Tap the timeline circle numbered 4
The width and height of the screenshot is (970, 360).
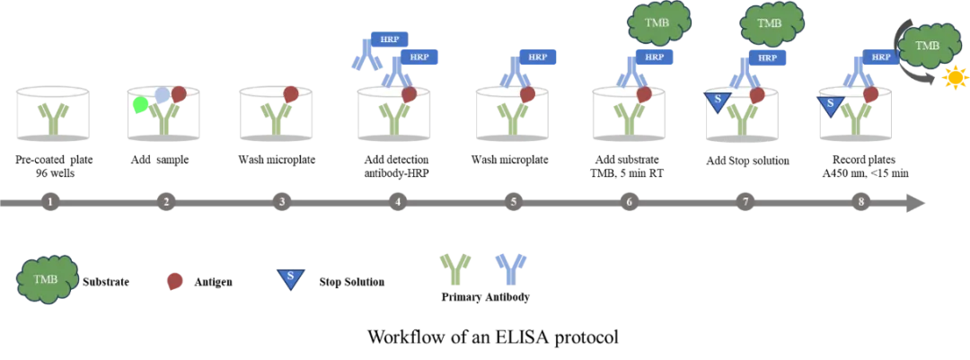(x=397, y=201)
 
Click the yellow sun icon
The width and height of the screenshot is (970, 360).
(x=953, y=79)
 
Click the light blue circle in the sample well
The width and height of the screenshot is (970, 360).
(x=162, y=94)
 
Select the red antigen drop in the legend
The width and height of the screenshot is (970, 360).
(x=176, y=281)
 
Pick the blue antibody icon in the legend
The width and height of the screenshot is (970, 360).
(x=508, y=269)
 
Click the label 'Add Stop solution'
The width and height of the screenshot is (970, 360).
(x=747, y=161)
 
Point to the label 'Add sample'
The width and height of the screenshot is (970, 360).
(x=160, y=160)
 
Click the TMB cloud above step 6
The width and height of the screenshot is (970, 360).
(x=658, y=23)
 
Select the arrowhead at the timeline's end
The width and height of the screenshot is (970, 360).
(x=916, y=202)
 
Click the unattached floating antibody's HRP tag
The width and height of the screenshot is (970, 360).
(x=389, y=39)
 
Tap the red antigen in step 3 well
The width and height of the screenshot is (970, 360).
(x=291, y=94)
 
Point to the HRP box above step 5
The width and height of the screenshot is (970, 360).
(x=538, y=57)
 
